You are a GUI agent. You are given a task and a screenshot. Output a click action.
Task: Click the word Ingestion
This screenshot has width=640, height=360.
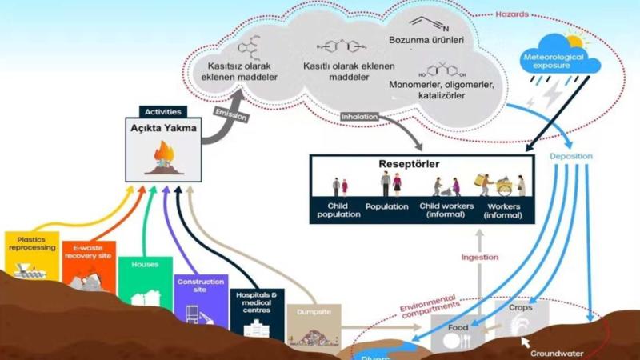click(x=479, y=258)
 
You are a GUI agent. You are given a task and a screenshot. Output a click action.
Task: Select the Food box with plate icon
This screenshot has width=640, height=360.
click(x=458, y=332)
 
